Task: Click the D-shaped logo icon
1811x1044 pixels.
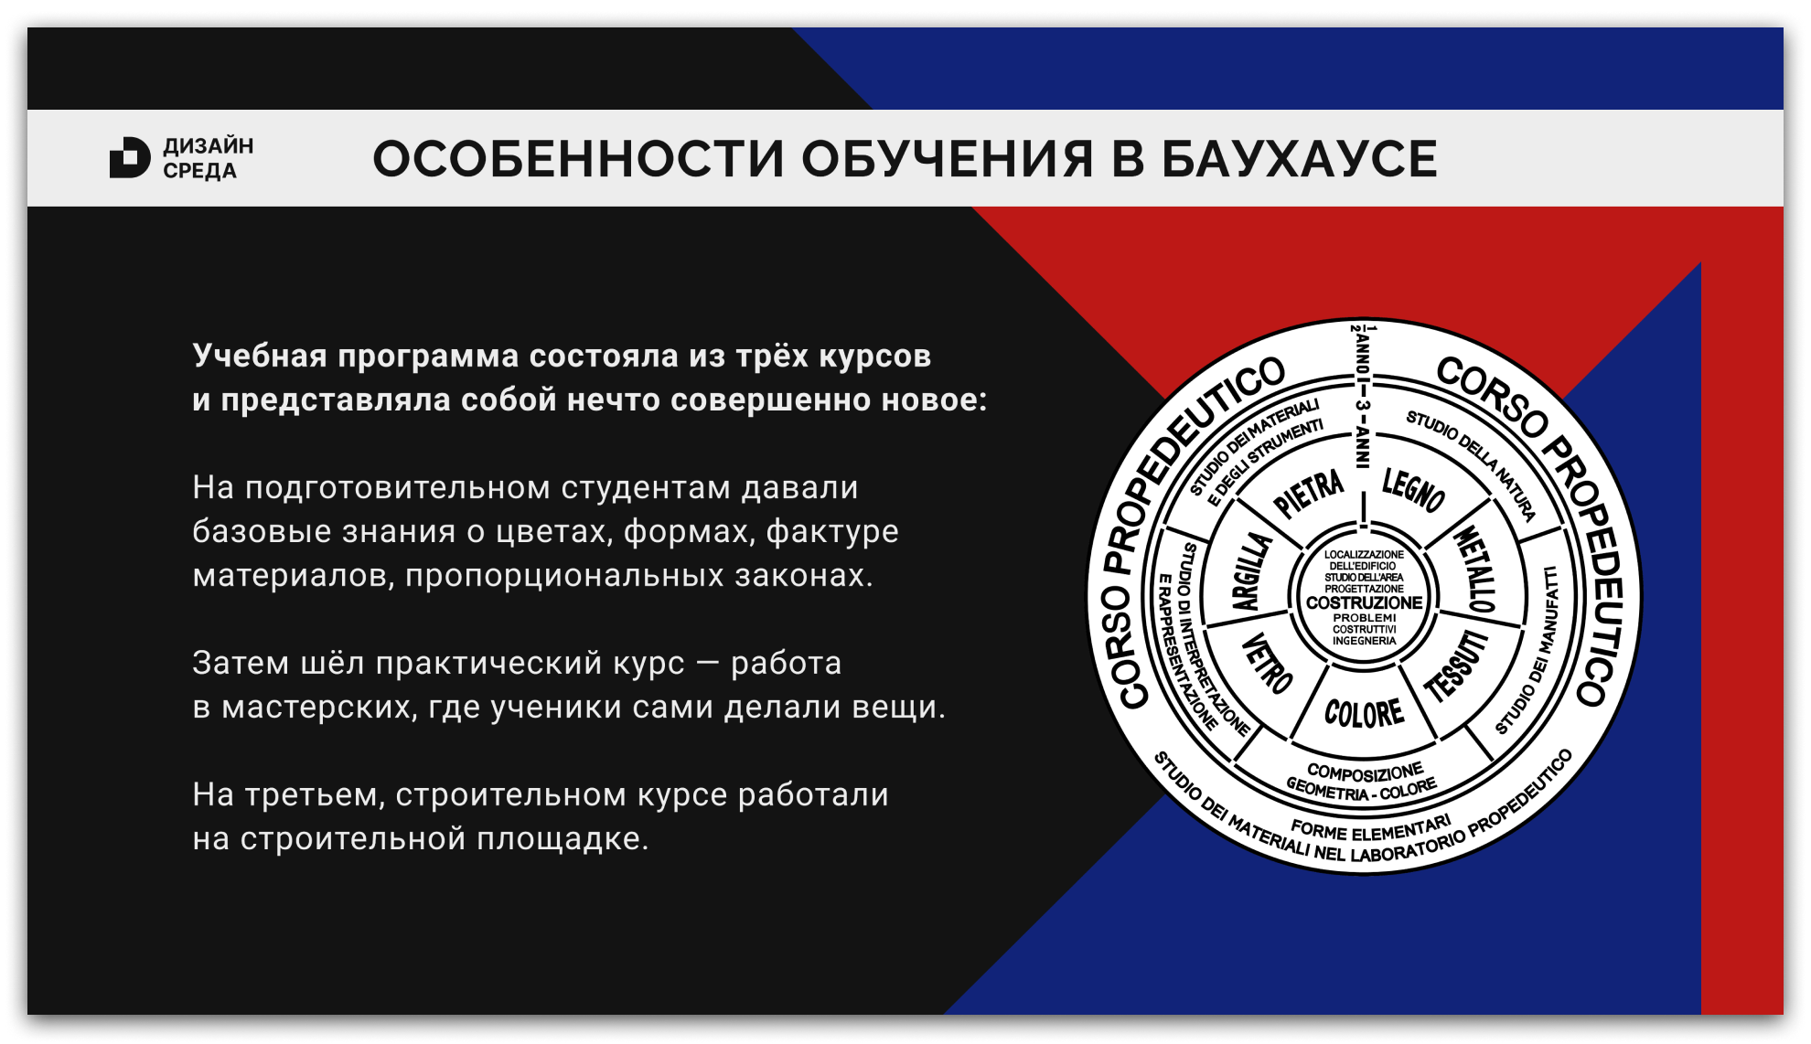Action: [x=129, y=158]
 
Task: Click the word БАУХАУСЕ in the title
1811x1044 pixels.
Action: [x=1299, y=159]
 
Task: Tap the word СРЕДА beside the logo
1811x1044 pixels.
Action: [x=199, y=171]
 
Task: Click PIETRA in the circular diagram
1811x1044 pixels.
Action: [x=1309, y=493]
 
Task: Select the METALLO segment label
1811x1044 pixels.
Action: [x=1475, y=569]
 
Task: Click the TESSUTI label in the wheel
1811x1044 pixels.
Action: [x=1457, y=666]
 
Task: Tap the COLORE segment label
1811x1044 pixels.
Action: [x=1364, y=713]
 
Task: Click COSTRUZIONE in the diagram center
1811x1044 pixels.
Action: [x=1364, y=602]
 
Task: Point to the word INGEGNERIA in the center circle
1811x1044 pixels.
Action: [x=1364, y=641]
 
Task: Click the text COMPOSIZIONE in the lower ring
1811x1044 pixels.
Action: [x=1365, y=772]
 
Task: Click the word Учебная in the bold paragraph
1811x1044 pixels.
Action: [x=259, y=356]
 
